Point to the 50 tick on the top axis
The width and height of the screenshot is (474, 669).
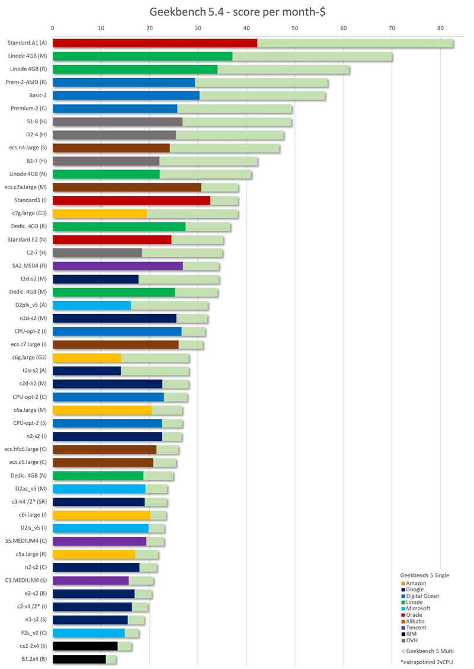click(x=295, y=28)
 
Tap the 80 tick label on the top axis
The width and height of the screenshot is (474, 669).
click(x=440, y=28)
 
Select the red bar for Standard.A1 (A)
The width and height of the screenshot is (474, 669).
click(x=155, y=43)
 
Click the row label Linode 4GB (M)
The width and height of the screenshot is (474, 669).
click(x=27, y=56)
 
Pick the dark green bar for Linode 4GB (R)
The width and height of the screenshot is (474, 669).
click(x=135, y=69)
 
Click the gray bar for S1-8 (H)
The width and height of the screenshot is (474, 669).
click(x=118, y=121)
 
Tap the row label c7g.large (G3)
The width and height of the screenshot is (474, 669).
click(x=30, y=213)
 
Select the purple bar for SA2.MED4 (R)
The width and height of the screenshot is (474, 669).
click(x=118, y=266)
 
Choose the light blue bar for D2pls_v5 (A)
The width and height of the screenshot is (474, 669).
click(x=92, y=305)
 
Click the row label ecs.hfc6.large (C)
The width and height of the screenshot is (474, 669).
click(x=25, y=449)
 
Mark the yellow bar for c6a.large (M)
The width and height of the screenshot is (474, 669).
click(x=103, y=410)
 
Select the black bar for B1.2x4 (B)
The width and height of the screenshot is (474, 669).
click(x=79, y=659)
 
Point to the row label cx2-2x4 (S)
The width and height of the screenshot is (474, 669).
click(x=33, y=646)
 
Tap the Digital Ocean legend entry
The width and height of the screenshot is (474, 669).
click(x=420, y=596)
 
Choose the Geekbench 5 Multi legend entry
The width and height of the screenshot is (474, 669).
click(x=427, y=651)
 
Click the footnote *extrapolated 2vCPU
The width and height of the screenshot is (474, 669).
click(x=427, y=662)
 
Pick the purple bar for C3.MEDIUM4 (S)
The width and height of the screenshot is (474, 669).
click(x=91, y=581)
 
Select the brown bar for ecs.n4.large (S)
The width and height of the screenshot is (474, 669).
click(x=111, y=148)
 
